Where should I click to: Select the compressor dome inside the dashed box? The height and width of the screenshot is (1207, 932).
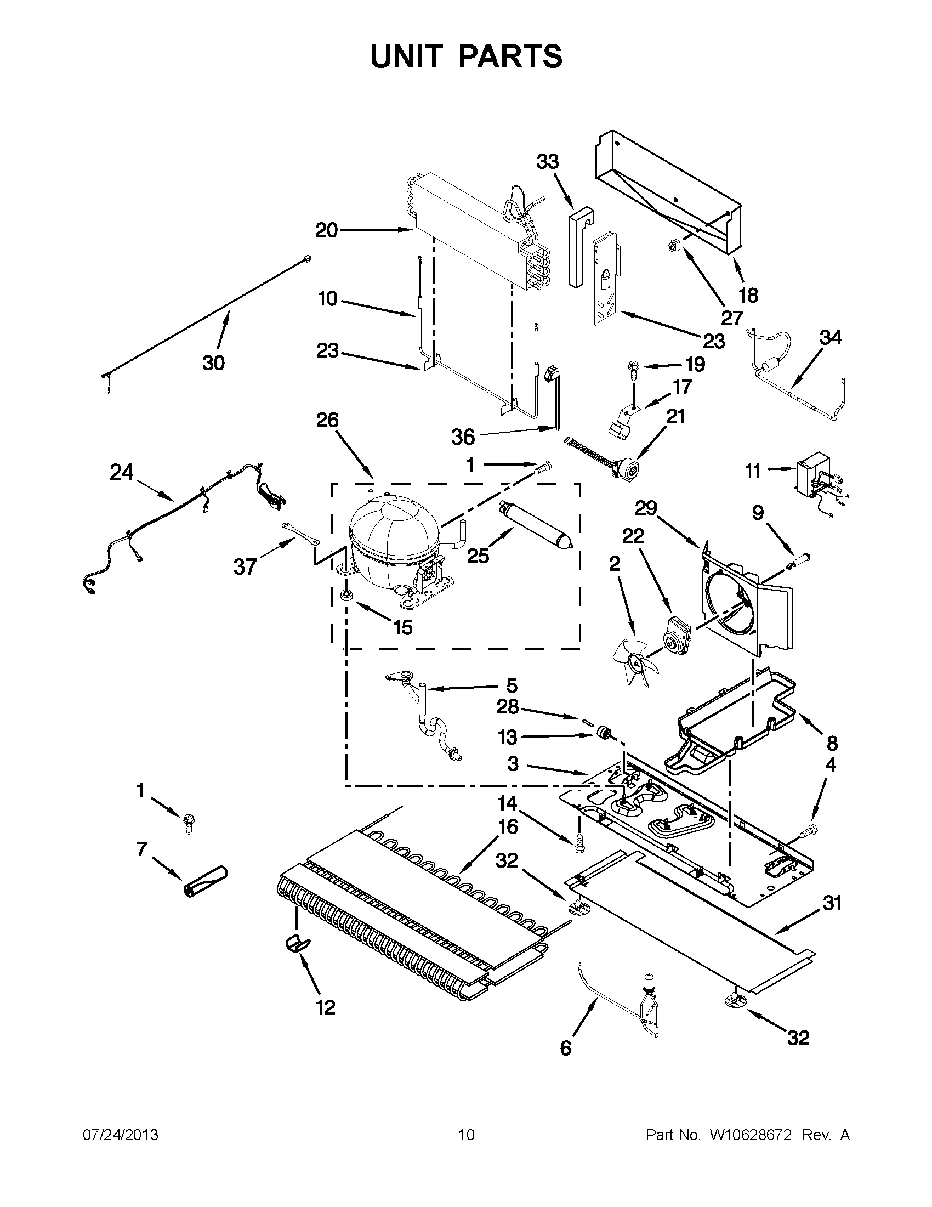click(x=393, y=534)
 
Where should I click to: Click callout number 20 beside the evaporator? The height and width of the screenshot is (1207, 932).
click(x=327, y=230)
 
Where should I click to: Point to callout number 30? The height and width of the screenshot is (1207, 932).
click(x=213, y=363)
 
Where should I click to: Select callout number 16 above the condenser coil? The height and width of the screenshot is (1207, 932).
click(x=508, y=842)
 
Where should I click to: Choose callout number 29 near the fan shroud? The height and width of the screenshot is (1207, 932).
click(x=645, y=507)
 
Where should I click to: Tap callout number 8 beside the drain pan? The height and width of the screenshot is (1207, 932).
click(x=832, y=743)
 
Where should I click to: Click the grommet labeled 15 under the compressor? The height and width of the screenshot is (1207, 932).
click(x=348, y=595)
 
